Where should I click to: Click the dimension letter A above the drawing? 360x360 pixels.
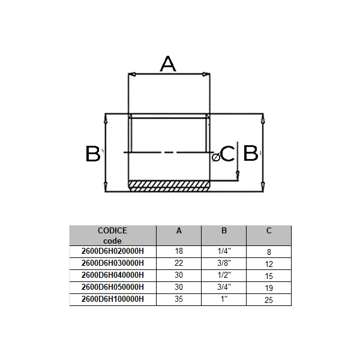(169, 63)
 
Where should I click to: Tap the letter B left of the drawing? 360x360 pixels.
(92, 154)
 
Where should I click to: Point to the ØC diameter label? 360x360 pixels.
(224, 155)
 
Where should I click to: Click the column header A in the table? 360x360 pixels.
(179, 230)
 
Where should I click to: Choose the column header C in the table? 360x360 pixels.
(269, 230)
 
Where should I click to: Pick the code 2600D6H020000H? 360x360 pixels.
(112, 251)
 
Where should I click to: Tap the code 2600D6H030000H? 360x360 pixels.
(112, 263)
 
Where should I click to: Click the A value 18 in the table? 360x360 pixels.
(179, 251)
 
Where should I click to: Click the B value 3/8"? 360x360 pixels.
(224, 263)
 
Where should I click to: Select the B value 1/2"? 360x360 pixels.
(224, 275)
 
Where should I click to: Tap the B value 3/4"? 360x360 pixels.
(224, 287)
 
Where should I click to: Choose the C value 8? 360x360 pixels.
(269, 253)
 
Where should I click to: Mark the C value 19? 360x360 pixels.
(269, 288)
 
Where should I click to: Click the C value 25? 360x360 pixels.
(269, 299)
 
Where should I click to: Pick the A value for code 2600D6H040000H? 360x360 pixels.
(179, 275)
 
